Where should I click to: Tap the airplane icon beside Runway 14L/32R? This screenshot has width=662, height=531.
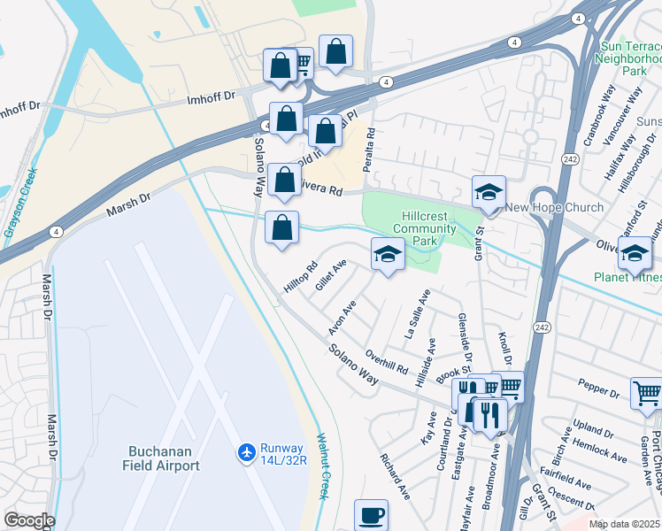(246, 453)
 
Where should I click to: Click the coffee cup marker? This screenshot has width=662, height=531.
(371, 515)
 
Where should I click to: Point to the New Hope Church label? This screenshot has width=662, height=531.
(554, 208)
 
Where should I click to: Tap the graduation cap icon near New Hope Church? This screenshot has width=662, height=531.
(489, 191)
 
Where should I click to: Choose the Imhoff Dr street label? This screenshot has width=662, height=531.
(212, 97)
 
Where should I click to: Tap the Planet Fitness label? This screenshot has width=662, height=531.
(628, 277)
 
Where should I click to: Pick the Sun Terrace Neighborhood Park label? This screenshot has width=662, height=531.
(629, 58)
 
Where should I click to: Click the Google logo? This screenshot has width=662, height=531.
(28, 520)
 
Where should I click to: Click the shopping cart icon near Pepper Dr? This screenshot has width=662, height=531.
(647, 393)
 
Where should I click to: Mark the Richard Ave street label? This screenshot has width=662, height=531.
(394, 476)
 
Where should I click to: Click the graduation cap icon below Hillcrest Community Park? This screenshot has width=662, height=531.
(387, 254)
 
